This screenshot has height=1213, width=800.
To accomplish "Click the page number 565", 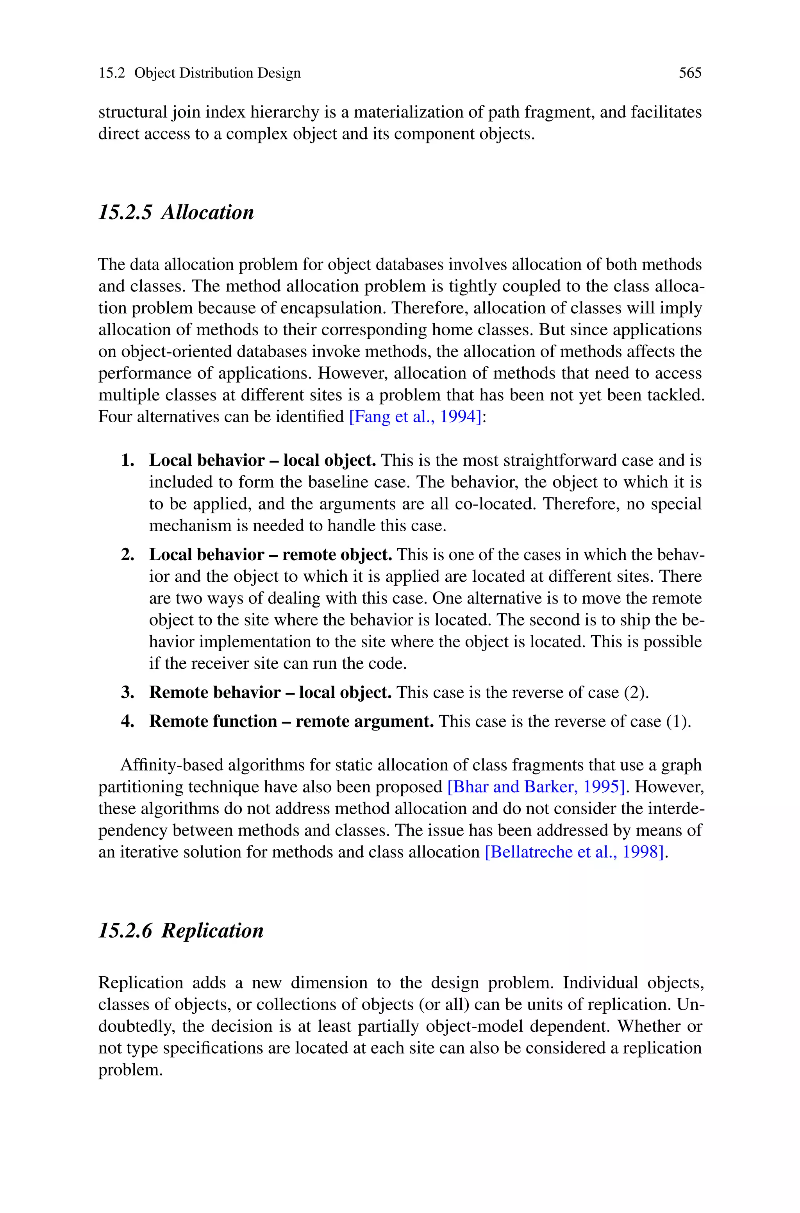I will [x=690, y=73].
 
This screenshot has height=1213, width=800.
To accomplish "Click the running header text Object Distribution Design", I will [x=217, y=73].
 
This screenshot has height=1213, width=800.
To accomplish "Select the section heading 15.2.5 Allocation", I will [x=176, y=212].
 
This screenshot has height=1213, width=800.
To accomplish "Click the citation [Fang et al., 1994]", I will [x=415, y=417].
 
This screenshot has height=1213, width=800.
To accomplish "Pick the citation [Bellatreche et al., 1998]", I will [x=575, y=852].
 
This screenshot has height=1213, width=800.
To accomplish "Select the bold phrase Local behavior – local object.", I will [x=262, y=461].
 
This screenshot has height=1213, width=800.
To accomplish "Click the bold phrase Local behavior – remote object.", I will [x=270, y=554].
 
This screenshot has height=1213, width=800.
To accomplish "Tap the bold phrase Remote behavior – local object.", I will [x=270, y=693].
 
